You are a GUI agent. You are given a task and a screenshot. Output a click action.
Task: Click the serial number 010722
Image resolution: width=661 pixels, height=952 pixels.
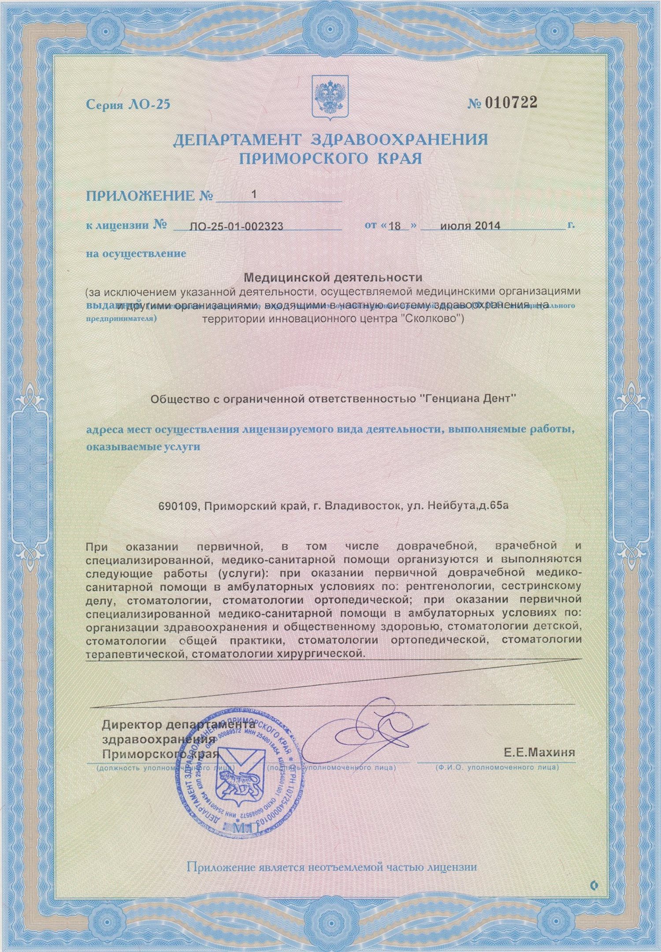tap(511, 103)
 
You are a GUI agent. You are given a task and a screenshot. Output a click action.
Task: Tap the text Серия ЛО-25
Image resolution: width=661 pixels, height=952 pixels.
tap(128, 105)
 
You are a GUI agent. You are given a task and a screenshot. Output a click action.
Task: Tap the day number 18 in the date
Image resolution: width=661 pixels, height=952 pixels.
tap(395, 226)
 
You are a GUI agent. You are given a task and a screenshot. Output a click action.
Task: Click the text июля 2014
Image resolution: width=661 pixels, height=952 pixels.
tap(470, 226)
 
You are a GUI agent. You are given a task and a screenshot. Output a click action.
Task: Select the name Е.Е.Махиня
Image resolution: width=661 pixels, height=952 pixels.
tap(539, 752)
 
